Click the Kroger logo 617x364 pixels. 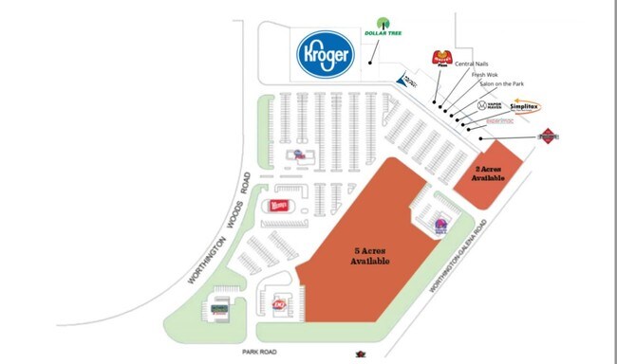(327, 56)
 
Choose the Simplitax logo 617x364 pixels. (528, 106)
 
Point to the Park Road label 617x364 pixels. (257, 350)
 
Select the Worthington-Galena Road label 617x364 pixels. (458, 267)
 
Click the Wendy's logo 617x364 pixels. (278, 206)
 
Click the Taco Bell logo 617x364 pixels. (440, 226)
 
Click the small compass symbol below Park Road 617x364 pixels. (360, 355)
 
